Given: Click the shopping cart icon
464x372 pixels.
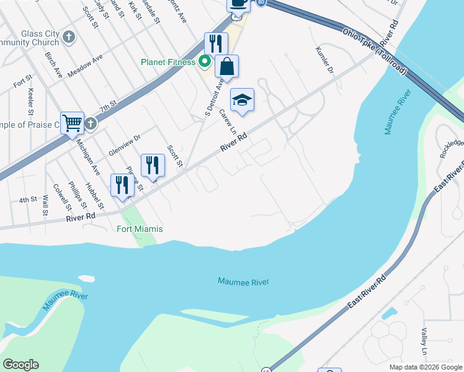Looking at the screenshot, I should coord(72,123).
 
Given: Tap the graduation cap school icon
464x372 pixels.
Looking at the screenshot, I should coord(243,99).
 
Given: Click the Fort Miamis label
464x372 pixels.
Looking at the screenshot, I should coord(140,229).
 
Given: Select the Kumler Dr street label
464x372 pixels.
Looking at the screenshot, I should coord(324,60).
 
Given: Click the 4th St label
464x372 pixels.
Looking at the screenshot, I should coord(28,200).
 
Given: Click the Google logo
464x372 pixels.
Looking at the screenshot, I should coord(20,364).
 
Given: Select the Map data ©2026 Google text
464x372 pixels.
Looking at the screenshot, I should coord(425,367).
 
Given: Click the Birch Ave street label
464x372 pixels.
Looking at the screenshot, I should coord(54,64).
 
